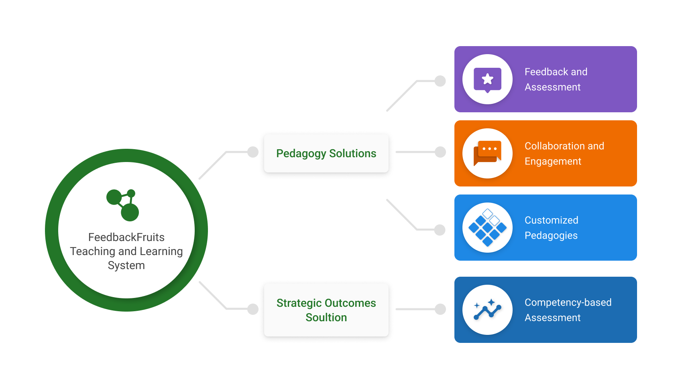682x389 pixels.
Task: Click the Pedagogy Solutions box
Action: [326, 153]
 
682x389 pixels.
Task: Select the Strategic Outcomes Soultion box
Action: [326, 310]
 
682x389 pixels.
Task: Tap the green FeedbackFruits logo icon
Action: [123, 205]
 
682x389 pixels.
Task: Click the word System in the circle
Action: [126, 265]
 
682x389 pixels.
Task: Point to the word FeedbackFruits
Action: [126, 237]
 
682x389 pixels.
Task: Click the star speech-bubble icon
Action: [487, 79]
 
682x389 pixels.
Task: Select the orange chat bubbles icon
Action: [487, 153]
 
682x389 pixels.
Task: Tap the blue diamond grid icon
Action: [487, 227]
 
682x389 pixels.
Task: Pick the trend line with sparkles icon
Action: [487, 310]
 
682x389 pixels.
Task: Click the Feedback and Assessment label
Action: [556, 79]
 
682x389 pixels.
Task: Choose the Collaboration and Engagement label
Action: [564, 154]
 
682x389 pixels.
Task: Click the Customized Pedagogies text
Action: [551, 228]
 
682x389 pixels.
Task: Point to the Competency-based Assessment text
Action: [568, 310]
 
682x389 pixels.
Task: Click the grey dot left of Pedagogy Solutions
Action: [253, 152]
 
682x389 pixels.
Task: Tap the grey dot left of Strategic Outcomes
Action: [253, 309]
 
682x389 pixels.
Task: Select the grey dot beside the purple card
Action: [440, 81]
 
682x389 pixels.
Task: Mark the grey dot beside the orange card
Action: [440, 152]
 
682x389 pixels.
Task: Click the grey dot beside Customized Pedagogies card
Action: [440, 230]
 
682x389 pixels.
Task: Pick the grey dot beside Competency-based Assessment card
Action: [440, 309]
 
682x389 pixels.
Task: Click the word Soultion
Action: [326, 318]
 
